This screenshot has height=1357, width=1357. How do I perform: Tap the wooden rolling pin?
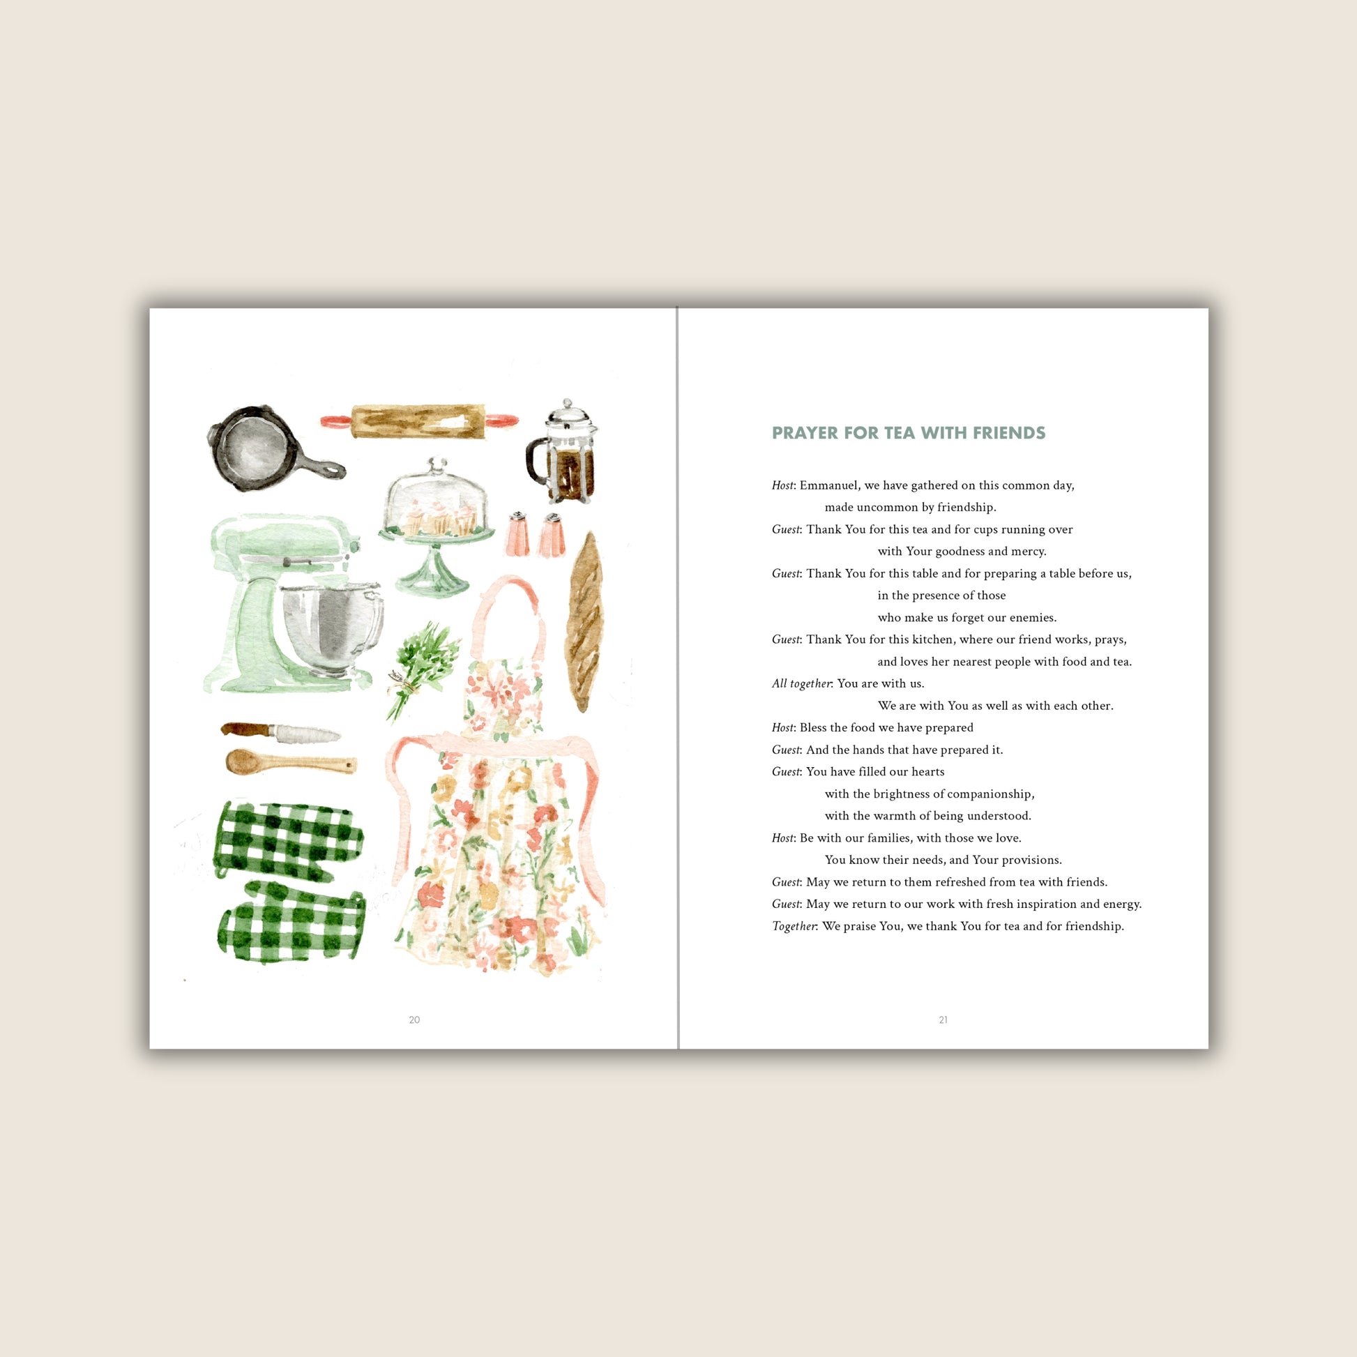(x=419, y=420)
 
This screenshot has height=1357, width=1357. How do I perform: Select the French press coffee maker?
(x=562, y=452)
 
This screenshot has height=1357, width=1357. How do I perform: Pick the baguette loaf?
(x=584, y=622)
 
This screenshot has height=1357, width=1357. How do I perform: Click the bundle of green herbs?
(x=420, y=669)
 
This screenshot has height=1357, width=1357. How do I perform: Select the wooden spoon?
(x=291, y=762)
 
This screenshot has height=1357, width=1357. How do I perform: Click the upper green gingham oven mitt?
(x=288, y=840)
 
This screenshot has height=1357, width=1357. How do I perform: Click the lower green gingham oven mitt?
(x=292, y=923)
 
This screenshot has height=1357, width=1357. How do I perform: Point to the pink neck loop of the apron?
(x=507, y=618)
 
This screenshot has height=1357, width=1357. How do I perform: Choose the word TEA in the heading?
(x=898, y=432)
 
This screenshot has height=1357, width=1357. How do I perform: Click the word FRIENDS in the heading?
(x=1008, y=432)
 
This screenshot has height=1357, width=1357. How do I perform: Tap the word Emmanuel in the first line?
(x=829, y=485)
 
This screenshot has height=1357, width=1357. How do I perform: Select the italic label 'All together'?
(x=801, y=684)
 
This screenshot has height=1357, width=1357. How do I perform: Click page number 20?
(x=414, y=1020)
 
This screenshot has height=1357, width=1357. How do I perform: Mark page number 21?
(x=943, y=1020)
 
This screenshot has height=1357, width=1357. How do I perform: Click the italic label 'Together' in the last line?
(x=794, y=927)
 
